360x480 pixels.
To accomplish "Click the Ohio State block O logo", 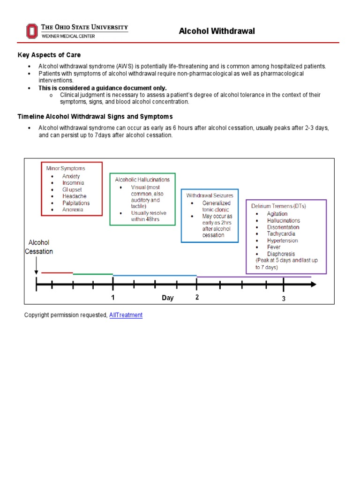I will (31, 31).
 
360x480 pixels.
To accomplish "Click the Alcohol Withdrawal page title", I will (217, 31).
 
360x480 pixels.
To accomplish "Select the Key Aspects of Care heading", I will (49, 55).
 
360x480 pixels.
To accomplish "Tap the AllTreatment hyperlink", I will (126, 315).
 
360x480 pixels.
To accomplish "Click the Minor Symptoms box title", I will (66, 168).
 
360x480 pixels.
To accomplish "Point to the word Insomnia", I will (73, 183).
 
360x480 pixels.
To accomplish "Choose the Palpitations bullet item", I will (76, 203).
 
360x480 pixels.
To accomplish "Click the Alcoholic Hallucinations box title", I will (142, 180).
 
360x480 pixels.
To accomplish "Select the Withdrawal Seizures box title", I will (210, 195).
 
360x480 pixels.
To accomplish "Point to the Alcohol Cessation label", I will (39, 247).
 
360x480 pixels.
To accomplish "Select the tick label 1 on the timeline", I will (113, 297).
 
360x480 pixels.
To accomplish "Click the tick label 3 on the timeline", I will (284, 299).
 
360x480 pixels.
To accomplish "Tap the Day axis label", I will (167, 298).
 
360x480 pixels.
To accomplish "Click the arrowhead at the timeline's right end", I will (313, 284).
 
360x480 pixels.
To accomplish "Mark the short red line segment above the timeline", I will (57, 273).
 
